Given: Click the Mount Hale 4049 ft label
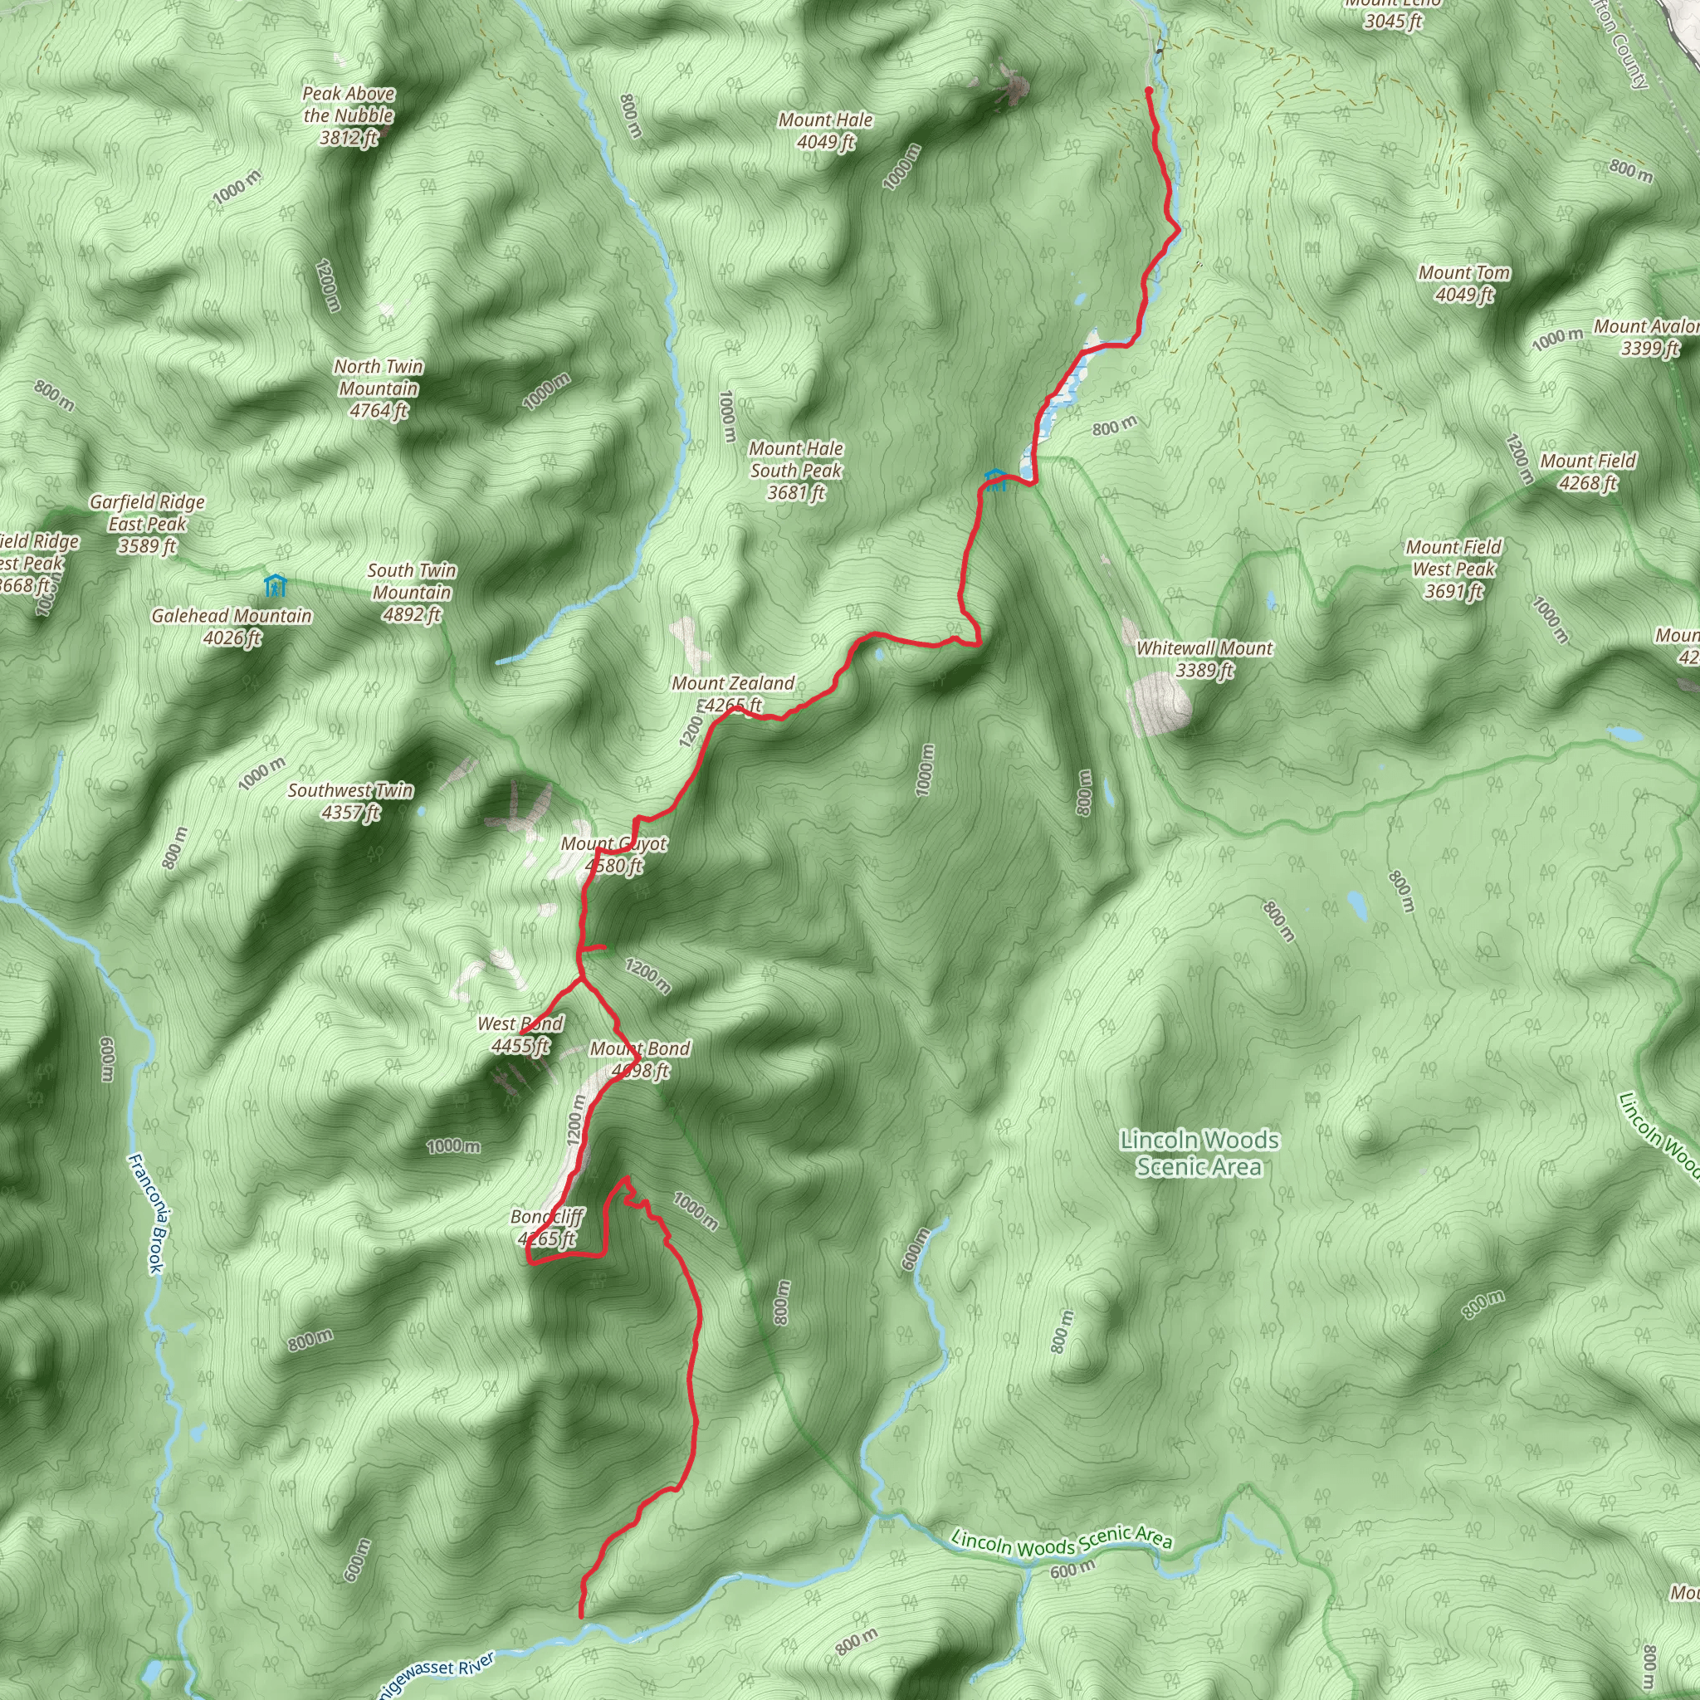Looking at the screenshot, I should [x=825, y=130].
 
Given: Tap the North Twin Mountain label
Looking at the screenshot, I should [x=379, y=388].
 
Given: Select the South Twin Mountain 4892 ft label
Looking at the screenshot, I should [x=411, y=592].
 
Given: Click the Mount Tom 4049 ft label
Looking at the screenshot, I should [x=1464, y=283].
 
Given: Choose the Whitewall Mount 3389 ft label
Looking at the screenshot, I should [x=1204, y=658].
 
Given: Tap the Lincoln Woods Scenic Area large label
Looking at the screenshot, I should [x=1199, y=1153].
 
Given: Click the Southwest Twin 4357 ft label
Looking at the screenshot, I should [x=350, y=801].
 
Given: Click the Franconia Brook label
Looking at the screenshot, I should [x=146, y=1214].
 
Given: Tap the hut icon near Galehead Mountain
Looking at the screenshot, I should [x=275, y=584].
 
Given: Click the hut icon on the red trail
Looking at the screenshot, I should [x=995, y=480].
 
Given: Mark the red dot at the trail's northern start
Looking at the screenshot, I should [x=1148, y=90].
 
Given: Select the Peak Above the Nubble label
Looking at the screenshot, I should [x=349, y=115].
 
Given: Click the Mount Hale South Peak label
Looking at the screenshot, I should [x=795, y=471].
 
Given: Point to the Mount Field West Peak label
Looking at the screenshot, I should [x=1453, y=569].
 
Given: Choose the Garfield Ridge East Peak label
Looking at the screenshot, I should [x=147, y=524].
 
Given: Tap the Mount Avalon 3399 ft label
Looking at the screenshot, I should [x=1646, y=337].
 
